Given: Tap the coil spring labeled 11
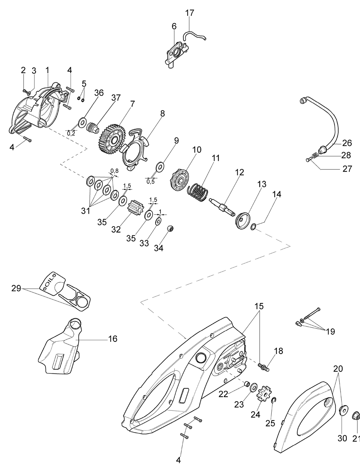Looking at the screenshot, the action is (x=198, y=192).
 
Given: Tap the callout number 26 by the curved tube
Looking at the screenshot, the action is (x=347, y=143).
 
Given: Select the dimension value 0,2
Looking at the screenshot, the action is (x=71, y=134).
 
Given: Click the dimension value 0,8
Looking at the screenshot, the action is (x=114, y=171).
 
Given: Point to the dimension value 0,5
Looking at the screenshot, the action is (x=150, y=181).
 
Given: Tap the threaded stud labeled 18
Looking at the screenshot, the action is (x=263, y=367).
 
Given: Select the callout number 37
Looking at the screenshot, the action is (x=116, y=98).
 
